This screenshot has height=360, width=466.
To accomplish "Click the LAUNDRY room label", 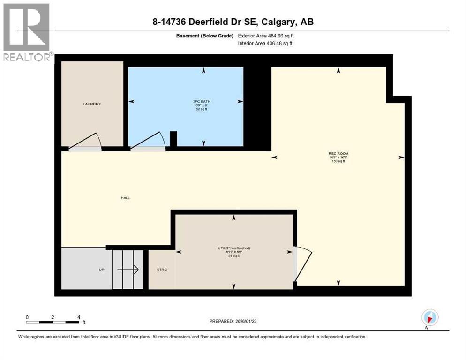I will click(92, 104).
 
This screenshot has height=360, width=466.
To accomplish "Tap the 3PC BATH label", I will click(203, 100).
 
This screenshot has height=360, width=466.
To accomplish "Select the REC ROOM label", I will click(338, 153).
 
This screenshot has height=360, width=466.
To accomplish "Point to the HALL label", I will click(125, 198).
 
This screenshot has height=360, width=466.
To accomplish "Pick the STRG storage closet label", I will click(162, 270).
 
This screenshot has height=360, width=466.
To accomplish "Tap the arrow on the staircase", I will click(128, 270).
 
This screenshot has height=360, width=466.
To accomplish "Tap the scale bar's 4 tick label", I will click(78, 317).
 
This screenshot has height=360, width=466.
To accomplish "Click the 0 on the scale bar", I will click(28, 317).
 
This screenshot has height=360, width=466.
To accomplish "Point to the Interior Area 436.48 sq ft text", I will click(265, 44).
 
